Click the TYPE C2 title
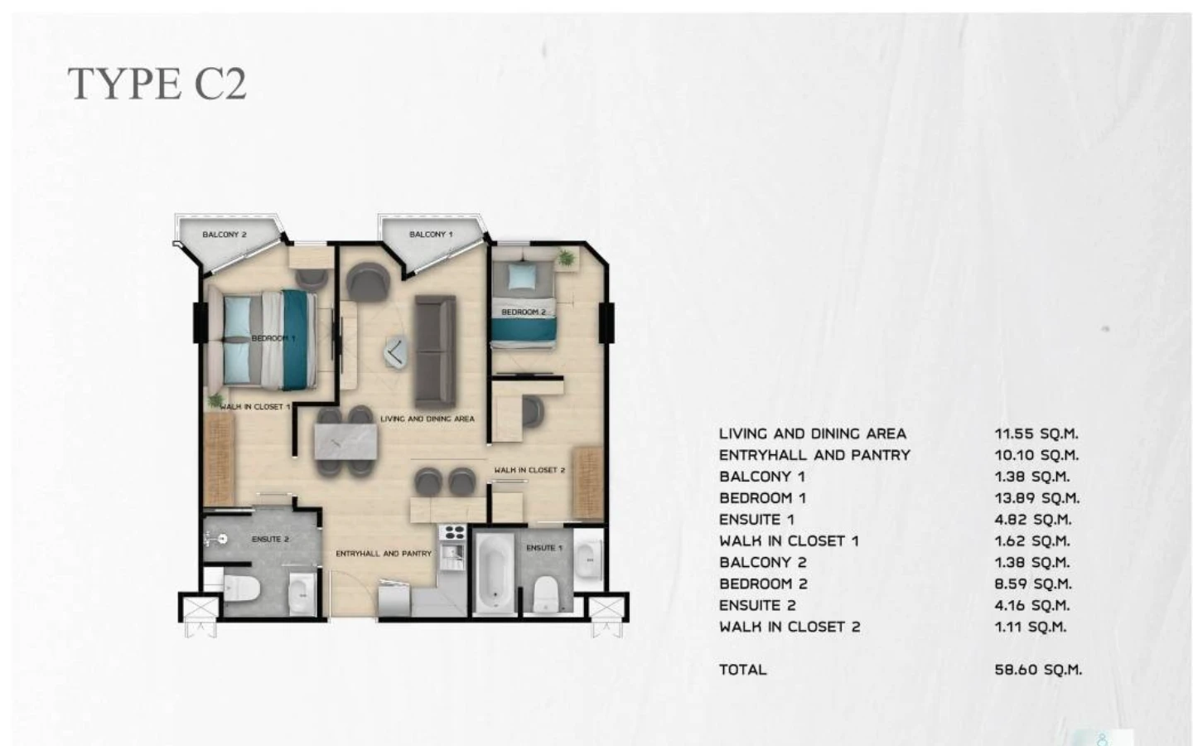[x=157, y=84]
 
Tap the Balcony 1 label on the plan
[x=431, y=235]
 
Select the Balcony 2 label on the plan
[x=225, y=235]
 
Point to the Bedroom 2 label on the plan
[x=524, y=312]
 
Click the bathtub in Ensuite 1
[x=495, y=573]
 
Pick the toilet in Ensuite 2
[x=242, y=589]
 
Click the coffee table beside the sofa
[x=396, y=353]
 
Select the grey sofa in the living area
[x=435, y=351]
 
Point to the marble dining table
[x=345, y=441]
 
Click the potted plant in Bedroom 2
[x=565, y=259]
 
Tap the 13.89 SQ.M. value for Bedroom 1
[x=1037, y=498]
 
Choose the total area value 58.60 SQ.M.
[x=1038, y=670]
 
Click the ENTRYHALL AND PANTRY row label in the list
[x=814, y=455]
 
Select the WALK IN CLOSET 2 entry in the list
[x=790, y=627]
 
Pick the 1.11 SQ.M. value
[x=1031, y=627]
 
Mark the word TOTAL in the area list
[x=743, y=670]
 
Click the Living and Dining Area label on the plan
[x=427, y=419]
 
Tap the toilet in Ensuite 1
[x=545, y=593]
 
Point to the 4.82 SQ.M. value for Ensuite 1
[x=1032, y=520]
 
